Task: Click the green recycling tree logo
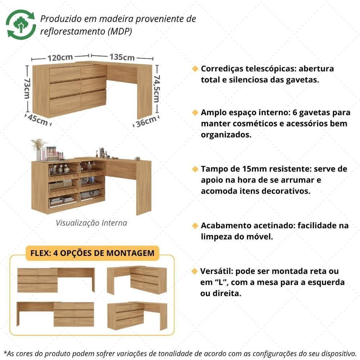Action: (21, 24)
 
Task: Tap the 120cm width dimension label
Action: (60, 57)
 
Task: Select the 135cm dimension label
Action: (122, 57)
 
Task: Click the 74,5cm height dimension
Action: (157, 88)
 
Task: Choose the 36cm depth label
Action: (146, 122)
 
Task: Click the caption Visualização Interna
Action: (91, 223)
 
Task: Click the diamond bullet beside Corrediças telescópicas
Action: (195, 68)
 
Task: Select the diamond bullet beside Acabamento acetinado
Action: (195, 226)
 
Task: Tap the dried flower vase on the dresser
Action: (38, 148)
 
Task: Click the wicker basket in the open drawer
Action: (60, 185)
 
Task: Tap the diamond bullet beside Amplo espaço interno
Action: (195, 113)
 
